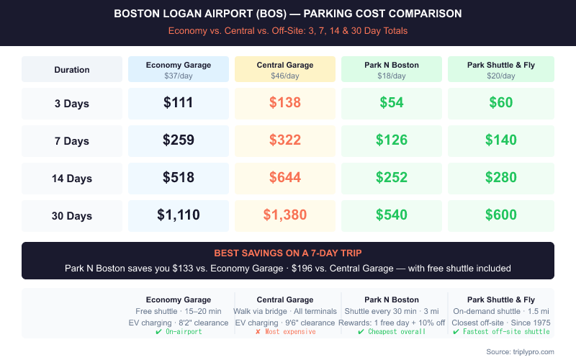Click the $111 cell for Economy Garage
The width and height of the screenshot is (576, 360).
[179, 103]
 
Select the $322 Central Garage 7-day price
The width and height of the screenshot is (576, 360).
[285, 140]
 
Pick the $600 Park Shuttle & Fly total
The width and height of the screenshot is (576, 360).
[501, 215]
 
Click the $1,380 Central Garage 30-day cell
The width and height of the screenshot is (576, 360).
[285, 215]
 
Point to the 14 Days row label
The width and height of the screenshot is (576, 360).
[72, 179]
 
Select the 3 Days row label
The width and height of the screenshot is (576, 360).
[72, 104]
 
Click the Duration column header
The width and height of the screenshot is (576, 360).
[72, 70]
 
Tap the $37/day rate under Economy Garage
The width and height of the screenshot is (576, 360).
[179, 76]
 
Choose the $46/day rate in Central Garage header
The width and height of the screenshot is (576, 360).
[285, 76]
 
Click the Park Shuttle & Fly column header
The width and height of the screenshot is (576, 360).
[501, 66]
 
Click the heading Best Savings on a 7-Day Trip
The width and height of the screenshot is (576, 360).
[288, 253]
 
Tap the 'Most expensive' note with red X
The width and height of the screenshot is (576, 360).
[285, 331]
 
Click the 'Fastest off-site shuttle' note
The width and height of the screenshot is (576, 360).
[501, 331]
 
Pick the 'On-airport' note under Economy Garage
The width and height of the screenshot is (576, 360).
[179, 331]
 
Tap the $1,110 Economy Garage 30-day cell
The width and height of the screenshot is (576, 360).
[179, 215]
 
